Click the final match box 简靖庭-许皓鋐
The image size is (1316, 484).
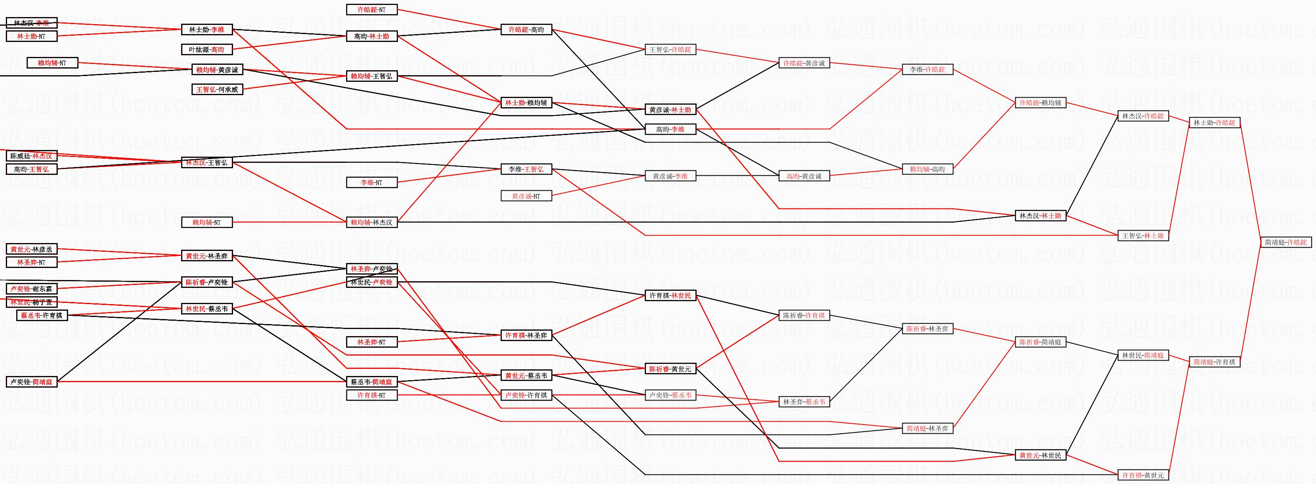coord(1285,242)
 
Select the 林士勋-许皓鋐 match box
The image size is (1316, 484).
coord(1214,123)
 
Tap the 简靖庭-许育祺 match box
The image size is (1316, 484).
coord(1214,362)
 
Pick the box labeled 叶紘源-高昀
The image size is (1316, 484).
coord(207,49)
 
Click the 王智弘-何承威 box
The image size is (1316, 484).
coord(217,89)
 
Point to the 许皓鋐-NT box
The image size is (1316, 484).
coord(371,10)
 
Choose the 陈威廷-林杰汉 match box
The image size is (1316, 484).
coord(31,156)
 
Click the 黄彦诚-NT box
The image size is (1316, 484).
coord(525,196)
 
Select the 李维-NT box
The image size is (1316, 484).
coord(371,182)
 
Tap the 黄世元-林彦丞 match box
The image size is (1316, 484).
coord(31,249)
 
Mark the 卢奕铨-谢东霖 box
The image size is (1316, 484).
coord(31,289)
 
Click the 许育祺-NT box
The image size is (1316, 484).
coord(371,395)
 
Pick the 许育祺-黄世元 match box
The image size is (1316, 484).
coord(1143,475)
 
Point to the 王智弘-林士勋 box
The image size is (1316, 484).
coord(1143,236)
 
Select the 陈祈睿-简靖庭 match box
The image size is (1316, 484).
coord(1040,342)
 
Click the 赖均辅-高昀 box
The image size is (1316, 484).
coord(927,169)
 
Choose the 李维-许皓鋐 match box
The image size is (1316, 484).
coord(927,69)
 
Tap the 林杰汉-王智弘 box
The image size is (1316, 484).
coord(207,162)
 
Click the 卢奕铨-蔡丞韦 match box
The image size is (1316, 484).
coord(670,395)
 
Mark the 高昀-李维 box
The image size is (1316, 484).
coord(670,129)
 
